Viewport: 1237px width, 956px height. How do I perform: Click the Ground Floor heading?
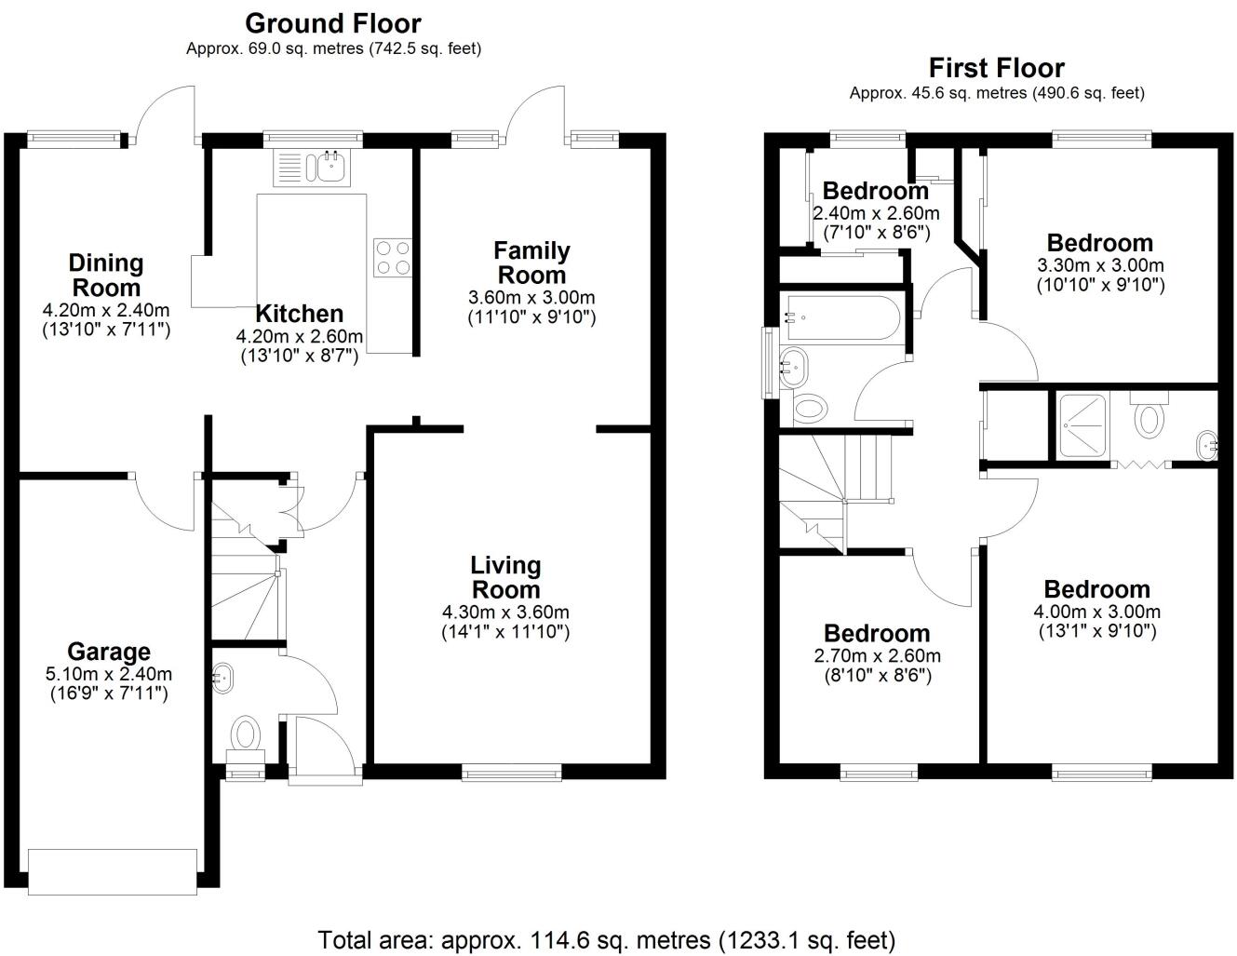coord(332,23)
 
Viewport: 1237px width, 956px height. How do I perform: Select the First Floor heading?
coord(996,68)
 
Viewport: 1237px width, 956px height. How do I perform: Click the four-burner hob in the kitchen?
coord(392,258)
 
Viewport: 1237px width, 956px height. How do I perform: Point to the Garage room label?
coord(108,653)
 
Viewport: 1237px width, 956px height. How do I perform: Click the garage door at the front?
coord(113,871)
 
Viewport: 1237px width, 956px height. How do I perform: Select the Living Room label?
coord(505,577)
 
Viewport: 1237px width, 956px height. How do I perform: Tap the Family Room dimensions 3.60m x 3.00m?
coord(531,298)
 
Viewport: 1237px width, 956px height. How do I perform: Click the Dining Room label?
coord(106,275)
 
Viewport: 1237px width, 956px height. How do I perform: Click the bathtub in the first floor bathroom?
coord(840,317)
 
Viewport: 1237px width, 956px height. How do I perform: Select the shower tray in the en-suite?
coord(1082,426)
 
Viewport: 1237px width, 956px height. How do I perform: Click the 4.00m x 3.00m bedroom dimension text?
coord(1096,612)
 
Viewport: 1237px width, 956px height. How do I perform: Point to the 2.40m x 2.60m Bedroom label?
coord(875,192)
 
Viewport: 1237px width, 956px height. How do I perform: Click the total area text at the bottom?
coord(606,939)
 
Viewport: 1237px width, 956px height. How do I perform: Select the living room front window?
coord(512,771)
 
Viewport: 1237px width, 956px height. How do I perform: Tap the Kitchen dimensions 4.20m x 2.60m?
coord(300,336)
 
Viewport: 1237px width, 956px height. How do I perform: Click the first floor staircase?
coord(833,489)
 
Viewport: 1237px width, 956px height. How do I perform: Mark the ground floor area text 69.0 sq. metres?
coord(333,48)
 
